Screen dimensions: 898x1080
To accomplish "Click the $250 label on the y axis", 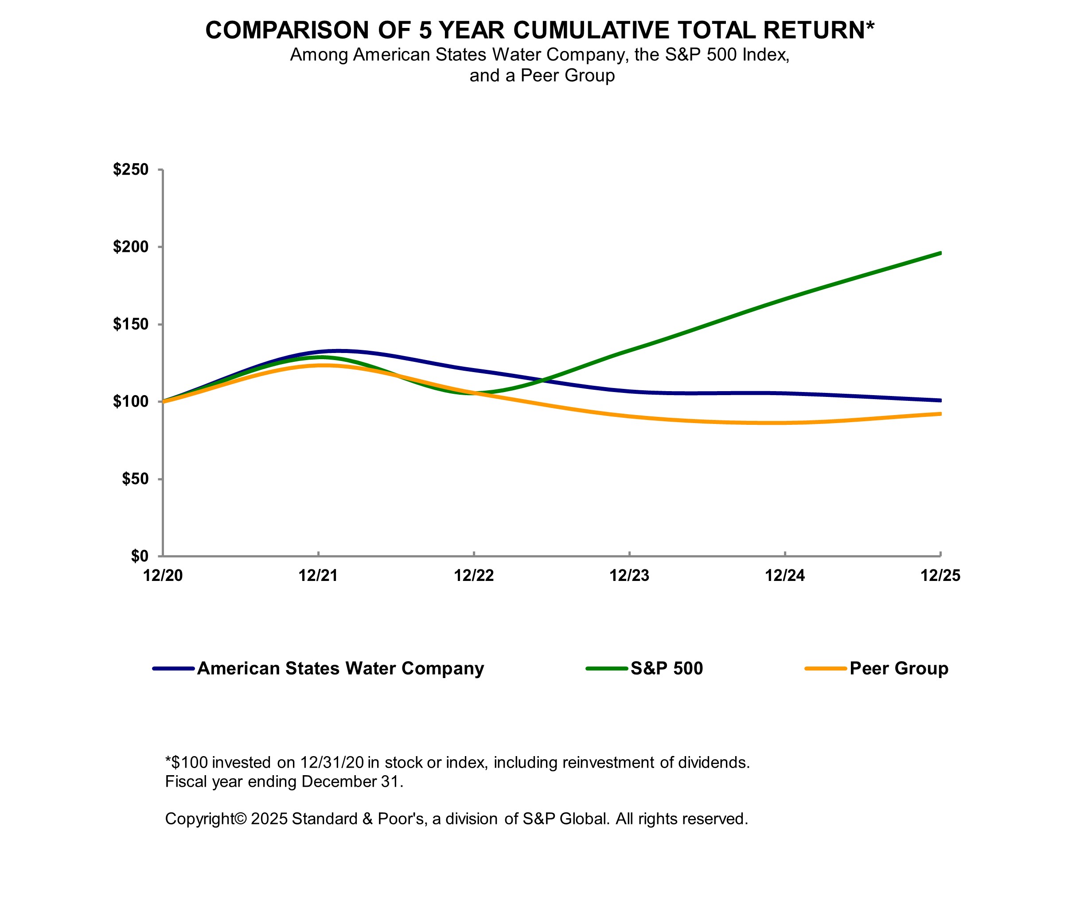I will coord(131,169).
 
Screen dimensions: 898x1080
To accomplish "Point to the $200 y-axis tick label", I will coord(131,247).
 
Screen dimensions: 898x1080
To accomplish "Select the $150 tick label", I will coord(131,324).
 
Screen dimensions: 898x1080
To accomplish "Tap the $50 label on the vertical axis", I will coord(135,479).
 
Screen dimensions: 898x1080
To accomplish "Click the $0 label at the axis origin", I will coord(139,556).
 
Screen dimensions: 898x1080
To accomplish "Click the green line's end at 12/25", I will coord(940,253).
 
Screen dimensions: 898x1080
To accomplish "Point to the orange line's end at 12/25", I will coord(940,414).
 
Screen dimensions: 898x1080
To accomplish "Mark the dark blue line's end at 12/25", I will coord(940,400).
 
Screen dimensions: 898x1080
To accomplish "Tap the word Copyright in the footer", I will coord(199,819).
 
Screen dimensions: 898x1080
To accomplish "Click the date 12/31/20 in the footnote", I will coord(332,763).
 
